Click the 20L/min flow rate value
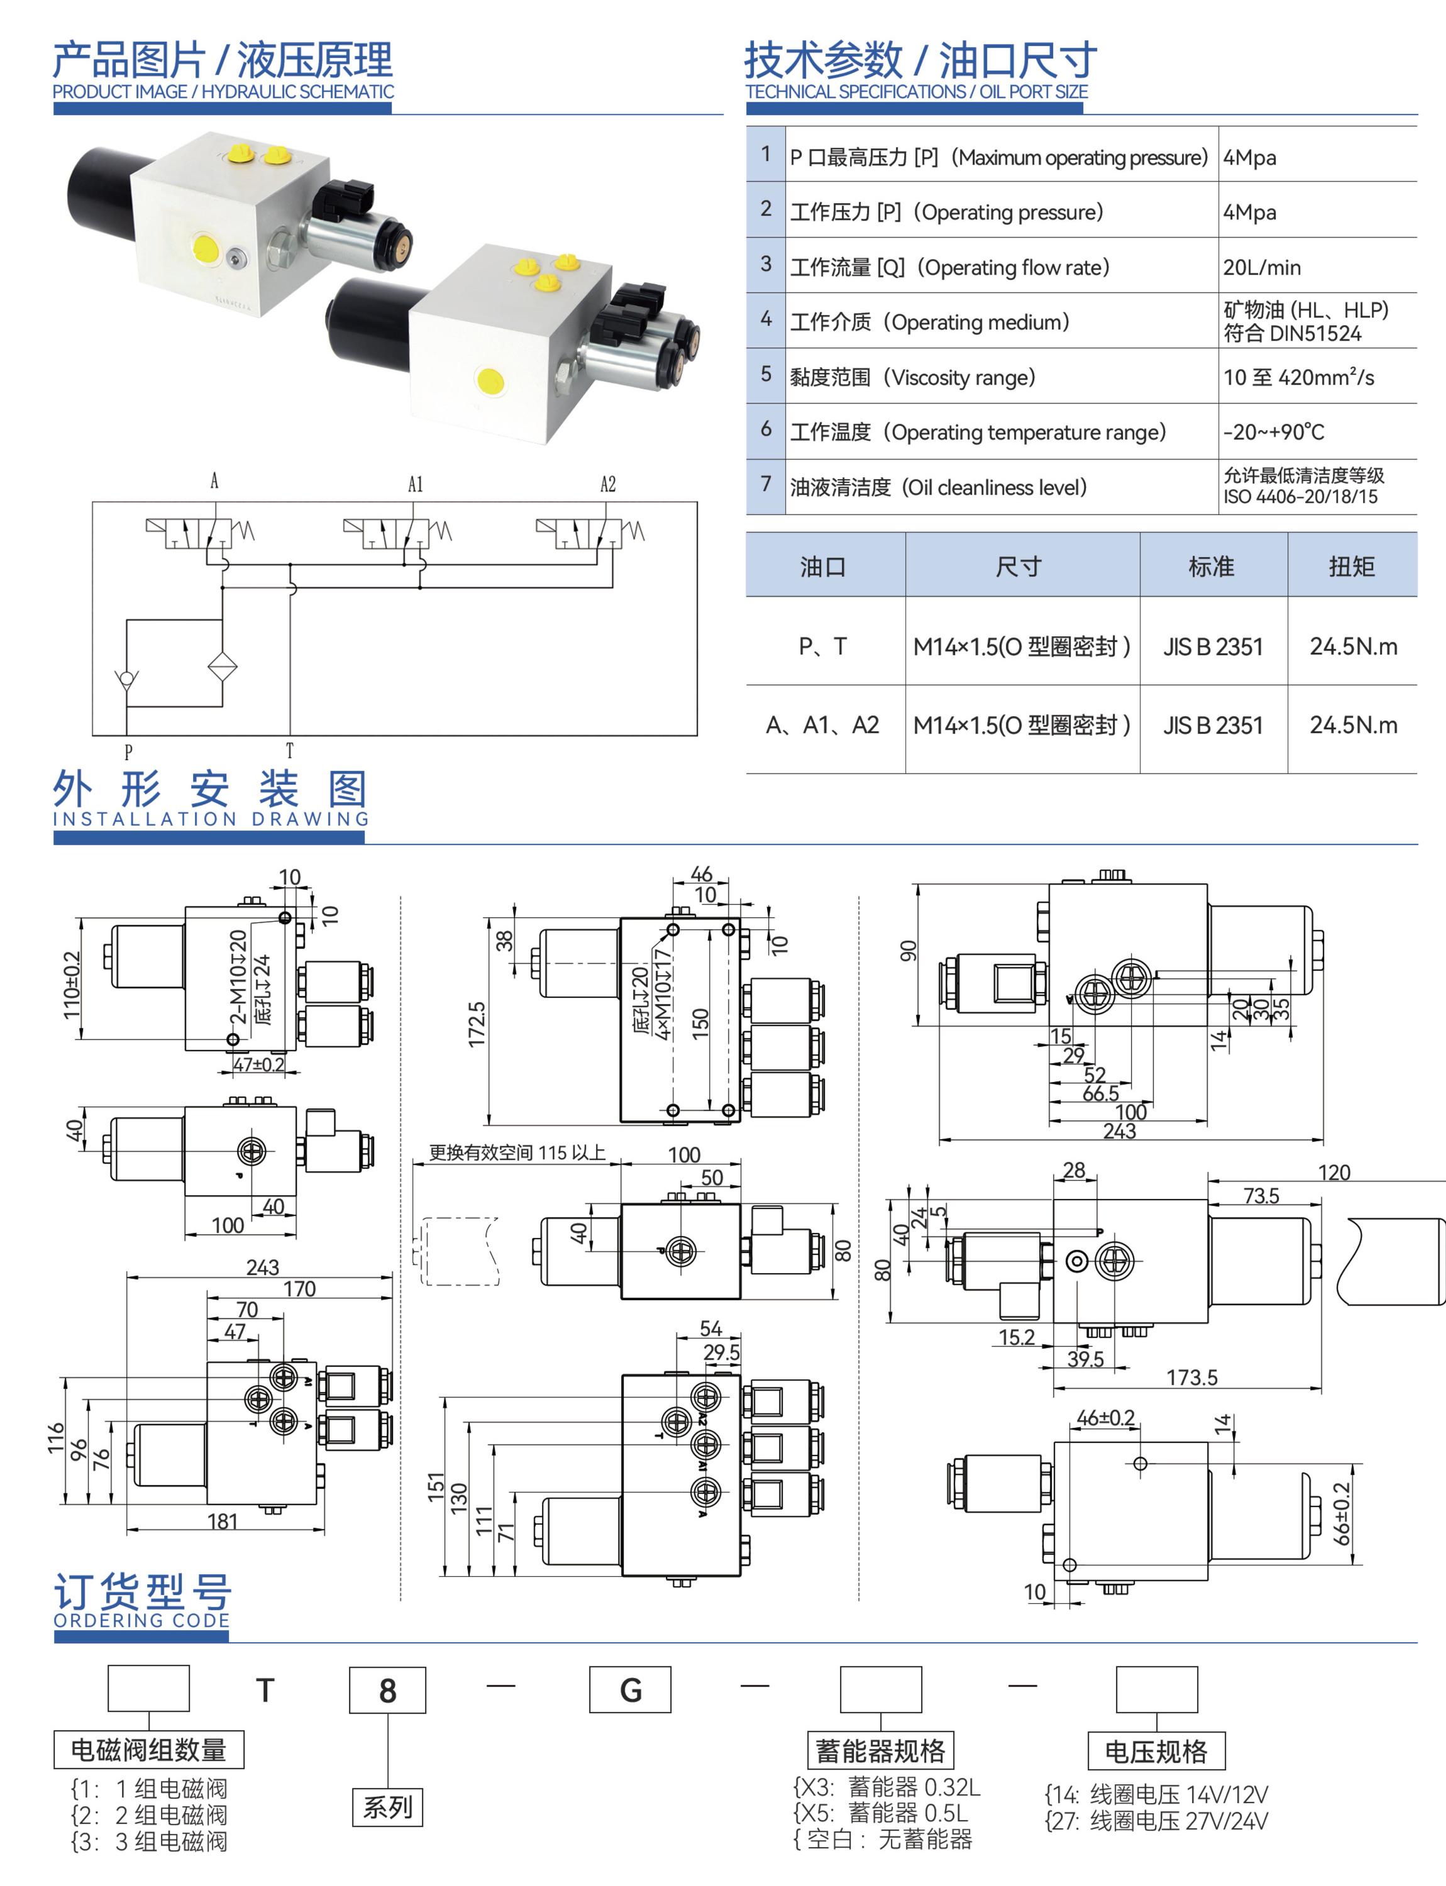coord(1261,268)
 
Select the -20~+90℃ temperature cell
coord(1273,432)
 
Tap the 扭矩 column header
coord(1351,566)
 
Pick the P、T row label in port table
coord(823,646)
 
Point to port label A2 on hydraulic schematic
coord(608,484)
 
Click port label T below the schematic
coord(289,751)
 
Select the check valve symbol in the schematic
coord(126,678)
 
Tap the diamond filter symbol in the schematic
coord(222,667)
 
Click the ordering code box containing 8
coord(387,1690)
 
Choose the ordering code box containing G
coord(630,1690)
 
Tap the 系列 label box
coord(387,1806)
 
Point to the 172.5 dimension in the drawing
coord(477,1024)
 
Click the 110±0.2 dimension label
coord(72,984)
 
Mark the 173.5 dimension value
coord(1191,1377)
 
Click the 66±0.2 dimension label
coord(1342,1513)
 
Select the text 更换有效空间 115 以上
coord(517,1152)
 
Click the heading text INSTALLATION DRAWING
coord(211,819)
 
